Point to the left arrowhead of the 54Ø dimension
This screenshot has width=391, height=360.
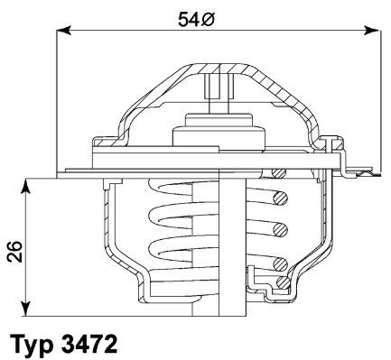coord(64,30)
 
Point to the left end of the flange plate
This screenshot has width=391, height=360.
coord(68,170)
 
